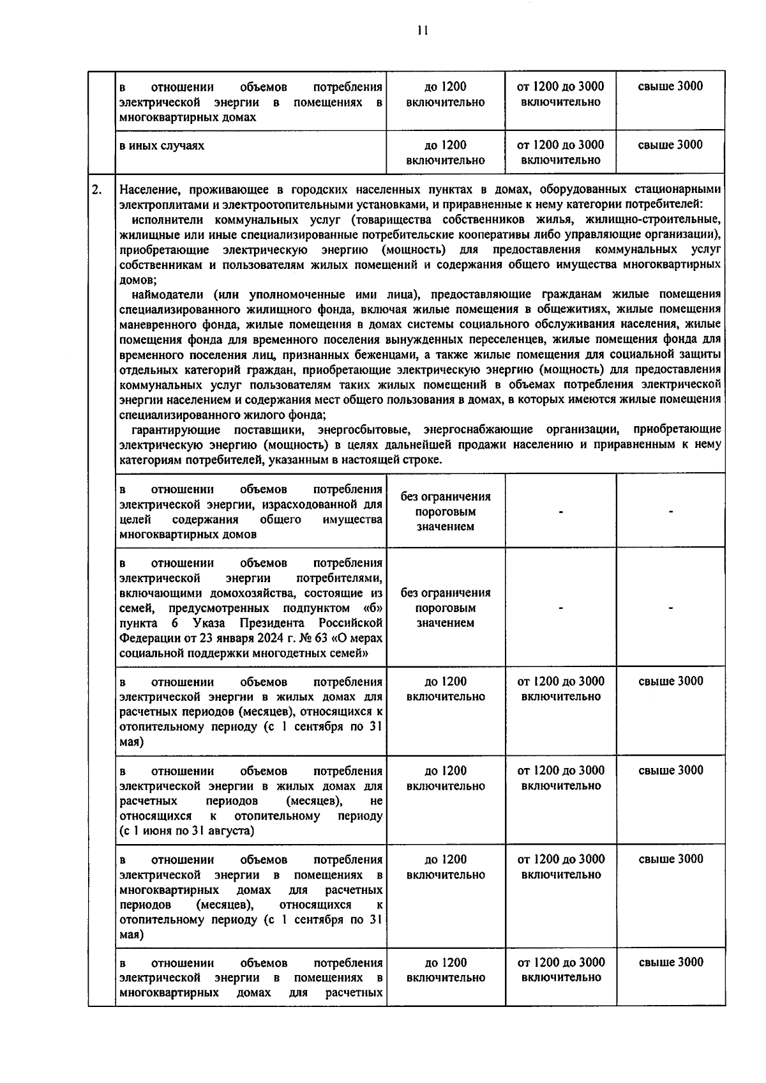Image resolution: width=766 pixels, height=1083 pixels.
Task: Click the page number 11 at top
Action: pyautogui.click(x=422, y=30)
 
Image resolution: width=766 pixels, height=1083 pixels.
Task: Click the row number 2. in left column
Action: pyautogui.click(x=97, y=190)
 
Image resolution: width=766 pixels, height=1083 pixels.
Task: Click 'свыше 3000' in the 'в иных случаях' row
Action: pyautogui.click(x=670, y=145)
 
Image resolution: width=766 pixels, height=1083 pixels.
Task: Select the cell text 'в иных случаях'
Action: pyautogui.click(x=162, y=146)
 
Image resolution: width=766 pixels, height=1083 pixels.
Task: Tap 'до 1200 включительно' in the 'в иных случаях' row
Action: pyautogui.click(x=446, y=153)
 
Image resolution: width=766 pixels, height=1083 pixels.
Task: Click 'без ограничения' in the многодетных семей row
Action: pyautogui.click(x=446, y=593)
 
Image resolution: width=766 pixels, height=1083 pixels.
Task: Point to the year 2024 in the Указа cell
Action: pyautogui.click(x=232, y=638)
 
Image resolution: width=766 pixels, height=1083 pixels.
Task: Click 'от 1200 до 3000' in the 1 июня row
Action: pyautogui.click(x=560, y=771)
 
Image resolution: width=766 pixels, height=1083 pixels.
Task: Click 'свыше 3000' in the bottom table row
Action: pyautogui.click(x=670, y=963)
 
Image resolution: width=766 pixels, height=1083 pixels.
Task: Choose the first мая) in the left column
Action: pyautogui.click(x=131, y=742)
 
